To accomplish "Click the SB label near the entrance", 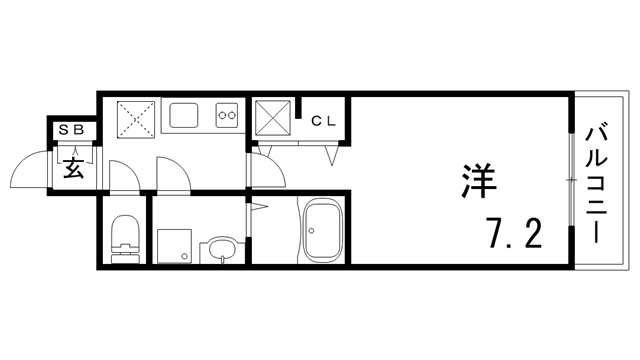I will click(x=75, y=130).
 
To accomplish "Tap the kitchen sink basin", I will click(x=184, y=116).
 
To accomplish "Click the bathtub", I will click(x=322, y=232).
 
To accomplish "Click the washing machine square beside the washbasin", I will click(x=173, y=244).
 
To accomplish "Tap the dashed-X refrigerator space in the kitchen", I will click(x=133, y=118).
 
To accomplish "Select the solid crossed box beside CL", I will click(x=272, y=119).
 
